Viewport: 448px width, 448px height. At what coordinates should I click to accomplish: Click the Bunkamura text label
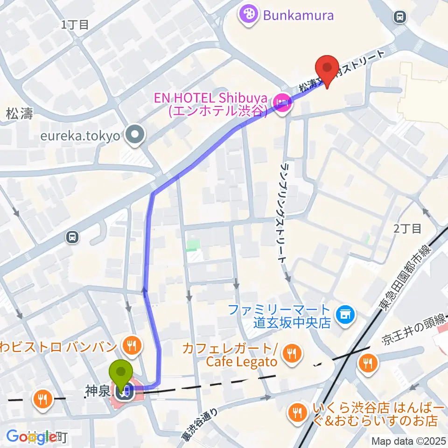pyautogui.click(x=298, y=15)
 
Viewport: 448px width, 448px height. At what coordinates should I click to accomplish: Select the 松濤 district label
pyautogui.click(x=20, y=113)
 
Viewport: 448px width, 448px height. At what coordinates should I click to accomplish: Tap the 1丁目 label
pyautogui.click(x=75, y=25)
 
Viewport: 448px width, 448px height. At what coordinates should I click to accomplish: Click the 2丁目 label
pyautogui.click(x=407, y=229)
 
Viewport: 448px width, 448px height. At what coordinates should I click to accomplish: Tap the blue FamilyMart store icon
pyautogui.click(x=346, y=315)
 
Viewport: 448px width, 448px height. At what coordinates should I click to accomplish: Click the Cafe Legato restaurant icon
pyautogui.click(x=293, y=355)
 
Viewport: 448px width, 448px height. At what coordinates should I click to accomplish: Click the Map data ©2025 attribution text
pyautogui.click(x=409, y=441)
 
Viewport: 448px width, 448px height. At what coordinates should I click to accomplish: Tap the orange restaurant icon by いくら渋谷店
pyautogui.click(x=296, y=412)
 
